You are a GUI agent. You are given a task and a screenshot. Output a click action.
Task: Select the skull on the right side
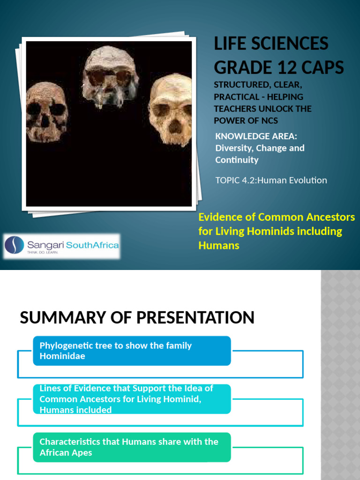(x=172, y=110)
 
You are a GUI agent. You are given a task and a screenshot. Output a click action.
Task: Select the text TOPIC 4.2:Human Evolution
(x=271, y=180)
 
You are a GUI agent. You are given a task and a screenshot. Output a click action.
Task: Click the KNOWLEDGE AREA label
(x=256, y=136)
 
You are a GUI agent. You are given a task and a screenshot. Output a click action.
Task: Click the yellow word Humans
(x=219, y=245)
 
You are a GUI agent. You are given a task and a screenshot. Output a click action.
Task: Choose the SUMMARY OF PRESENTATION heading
(x=137, y=317)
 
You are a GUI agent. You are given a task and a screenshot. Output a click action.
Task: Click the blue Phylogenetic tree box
(x=132, y=351)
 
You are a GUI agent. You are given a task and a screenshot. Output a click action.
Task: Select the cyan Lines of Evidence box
(x=132, y=399)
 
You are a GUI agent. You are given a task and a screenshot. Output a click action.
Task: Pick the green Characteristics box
(x=132, y=447)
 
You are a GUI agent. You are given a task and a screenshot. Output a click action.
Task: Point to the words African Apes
(x=66, y=453)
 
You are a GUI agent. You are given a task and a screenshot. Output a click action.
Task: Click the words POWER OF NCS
(x=246, y=120)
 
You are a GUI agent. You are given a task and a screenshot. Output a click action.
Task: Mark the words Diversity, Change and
(x=260, y=148)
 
